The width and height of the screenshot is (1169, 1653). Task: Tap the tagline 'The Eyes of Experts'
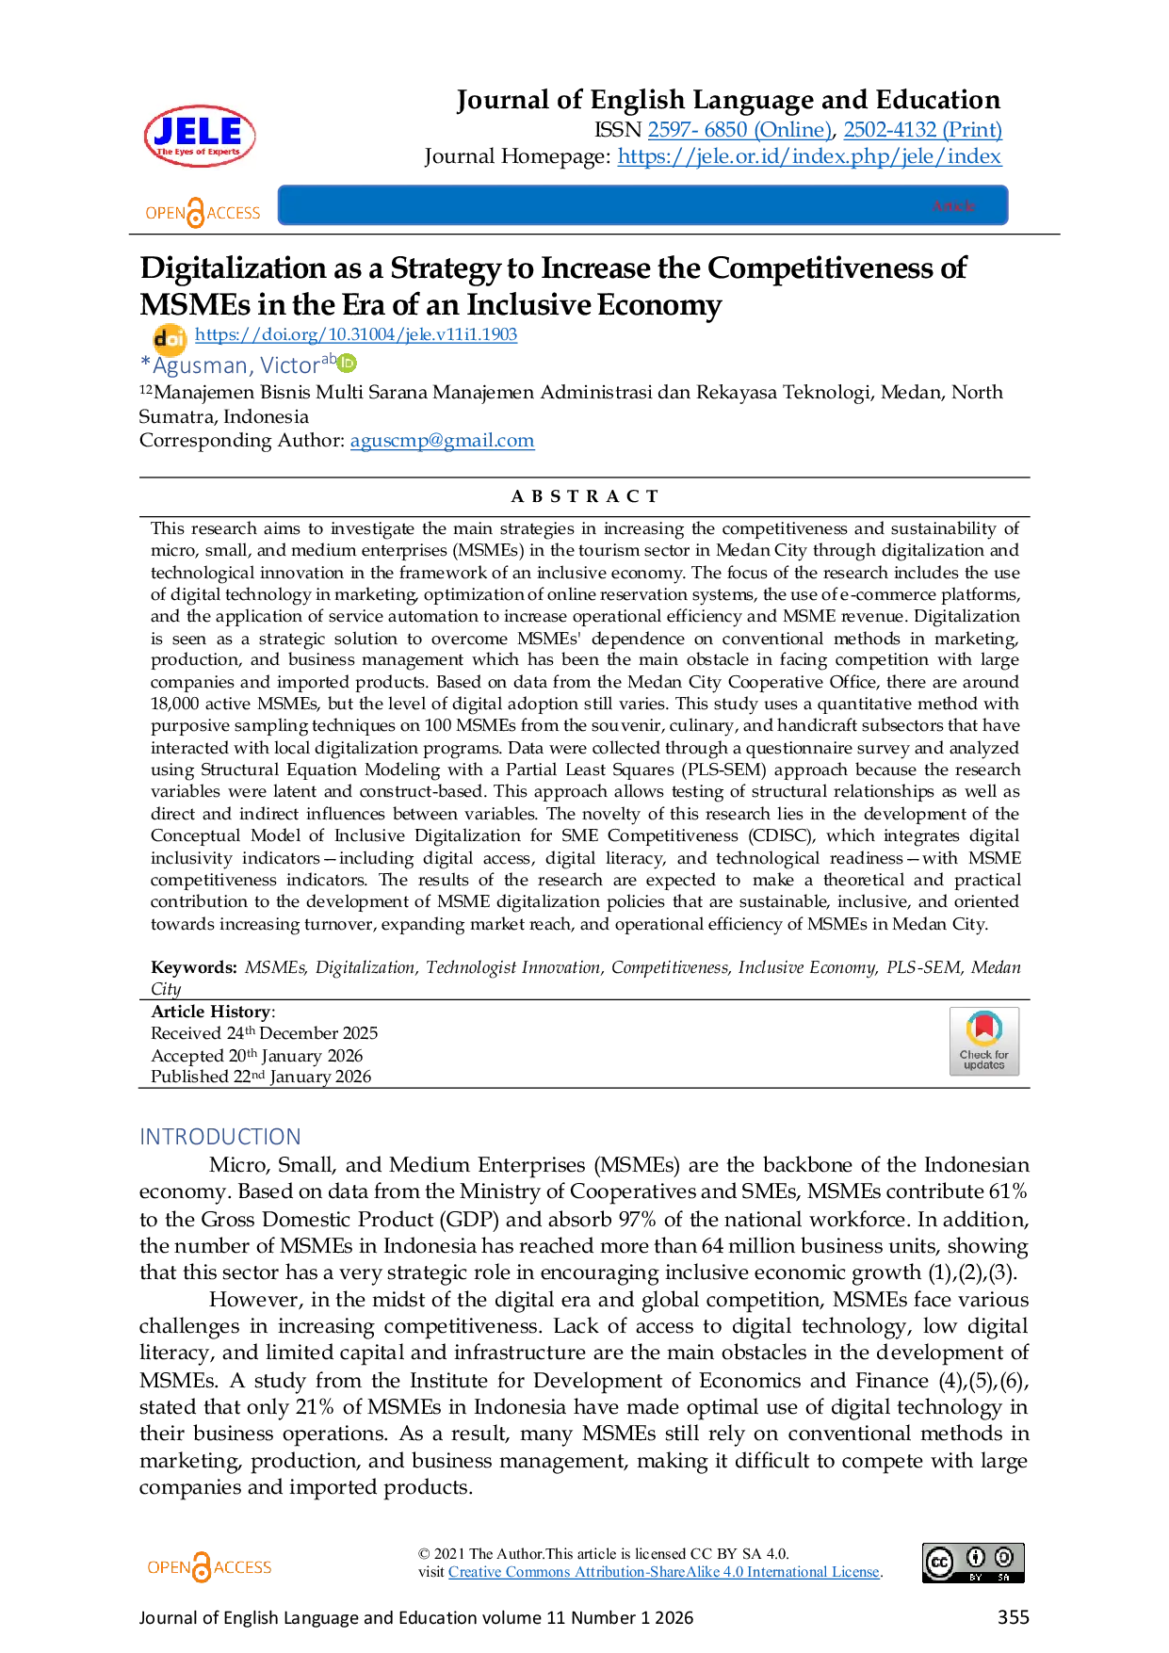click(198, 152)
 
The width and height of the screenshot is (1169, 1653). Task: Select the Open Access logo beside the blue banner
click(202, 213)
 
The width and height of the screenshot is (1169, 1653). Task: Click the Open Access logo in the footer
click(207, 1567)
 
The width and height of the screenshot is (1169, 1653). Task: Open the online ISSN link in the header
click(740, 130)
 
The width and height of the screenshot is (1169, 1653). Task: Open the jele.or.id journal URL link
click(810, 156)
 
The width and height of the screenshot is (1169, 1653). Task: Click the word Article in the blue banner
click(953, 205)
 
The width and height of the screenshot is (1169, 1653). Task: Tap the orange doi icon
click(169, 337)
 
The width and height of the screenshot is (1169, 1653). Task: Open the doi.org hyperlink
click(356, 335)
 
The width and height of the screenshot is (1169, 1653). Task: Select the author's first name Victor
click(289, 365)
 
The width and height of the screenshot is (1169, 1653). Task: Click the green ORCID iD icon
click(348, 362)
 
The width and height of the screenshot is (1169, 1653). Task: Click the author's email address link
click(443, 442)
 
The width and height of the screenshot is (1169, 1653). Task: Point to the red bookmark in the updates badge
click(983, 1027)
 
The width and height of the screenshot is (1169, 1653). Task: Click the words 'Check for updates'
click(983, 1060)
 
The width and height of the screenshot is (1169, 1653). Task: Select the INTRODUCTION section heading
click(219, 1135)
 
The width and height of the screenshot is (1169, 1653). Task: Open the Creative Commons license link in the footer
click(663, 1571)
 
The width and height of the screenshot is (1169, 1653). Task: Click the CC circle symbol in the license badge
click(939, 1562)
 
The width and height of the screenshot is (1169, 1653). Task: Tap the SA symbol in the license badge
click(1004, 1558)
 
